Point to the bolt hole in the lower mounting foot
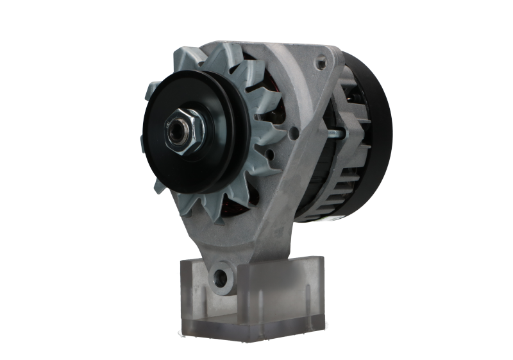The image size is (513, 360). (x=222, y=277)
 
